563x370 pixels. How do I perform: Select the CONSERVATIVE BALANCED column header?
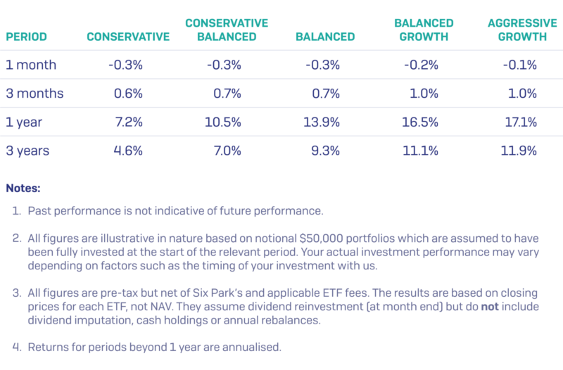(227, 30)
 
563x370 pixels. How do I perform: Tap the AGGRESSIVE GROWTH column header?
(517, 30)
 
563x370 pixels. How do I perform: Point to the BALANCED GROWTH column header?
(424, 30)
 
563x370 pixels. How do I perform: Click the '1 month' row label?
(31, 65)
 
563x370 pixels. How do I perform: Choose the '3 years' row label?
(28, 151)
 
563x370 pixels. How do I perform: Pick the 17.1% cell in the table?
(521, 122)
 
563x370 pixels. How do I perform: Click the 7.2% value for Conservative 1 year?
(128, 122)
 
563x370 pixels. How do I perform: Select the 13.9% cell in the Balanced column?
(324, 122)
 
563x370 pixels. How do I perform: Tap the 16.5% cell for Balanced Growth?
(424, 122)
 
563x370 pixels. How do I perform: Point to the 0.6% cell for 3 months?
(128, 94)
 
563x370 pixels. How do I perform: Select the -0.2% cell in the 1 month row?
(422, 65)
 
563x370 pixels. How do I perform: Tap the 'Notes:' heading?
(23, 188)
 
